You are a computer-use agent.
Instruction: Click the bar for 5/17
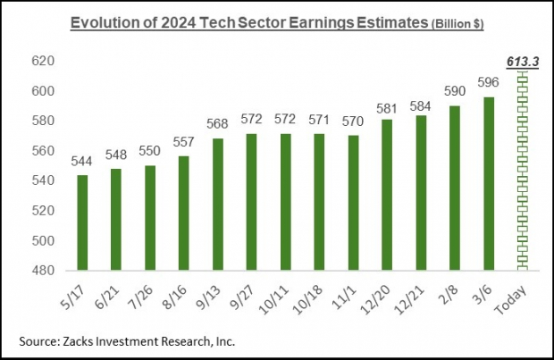pyautogui.click(x=82, y=222)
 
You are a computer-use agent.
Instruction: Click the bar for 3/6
pyautogui.click(x=489, y=183)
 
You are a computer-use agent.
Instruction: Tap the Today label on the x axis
pyautogui.click(x=521, y=295)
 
